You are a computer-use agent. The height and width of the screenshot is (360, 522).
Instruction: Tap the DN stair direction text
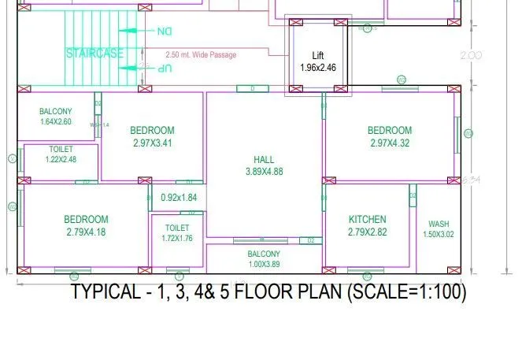pos(163,32)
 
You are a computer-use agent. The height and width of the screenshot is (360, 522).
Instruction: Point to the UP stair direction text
pos(163,69)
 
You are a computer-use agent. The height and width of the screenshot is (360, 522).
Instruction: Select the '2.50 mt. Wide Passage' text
pos(201,55)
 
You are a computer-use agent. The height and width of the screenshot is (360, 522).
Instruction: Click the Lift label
pos(318,56)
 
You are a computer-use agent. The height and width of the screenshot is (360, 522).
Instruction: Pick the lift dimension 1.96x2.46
pos(318,68)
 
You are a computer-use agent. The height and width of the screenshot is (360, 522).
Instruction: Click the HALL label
pos(264,159)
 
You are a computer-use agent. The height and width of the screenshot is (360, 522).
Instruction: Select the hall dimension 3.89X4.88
pos(264,171)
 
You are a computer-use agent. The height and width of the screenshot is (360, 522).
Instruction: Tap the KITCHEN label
pos(368,220)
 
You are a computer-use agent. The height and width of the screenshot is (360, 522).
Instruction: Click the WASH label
pos(439,224)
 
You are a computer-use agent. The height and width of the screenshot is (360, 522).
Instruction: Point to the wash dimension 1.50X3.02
pos(439,234)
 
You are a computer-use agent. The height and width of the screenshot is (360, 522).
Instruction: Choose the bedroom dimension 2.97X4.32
pos(390,143)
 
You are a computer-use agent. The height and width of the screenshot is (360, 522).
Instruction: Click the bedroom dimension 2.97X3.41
pos(152,143)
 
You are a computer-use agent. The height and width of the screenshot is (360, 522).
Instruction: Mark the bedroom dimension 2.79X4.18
pos(86,232)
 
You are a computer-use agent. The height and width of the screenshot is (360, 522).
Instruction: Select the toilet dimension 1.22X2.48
pos(61,160)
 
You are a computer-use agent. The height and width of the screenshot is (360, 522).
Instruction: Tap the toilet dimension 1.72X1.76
pos(177,239)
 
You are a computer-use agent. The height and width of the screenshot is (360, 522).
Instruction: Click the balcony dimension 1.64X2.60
pos(55,122)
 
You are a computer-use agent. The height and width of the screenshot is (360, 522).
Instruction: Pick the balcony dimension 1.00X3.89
pos(264,264)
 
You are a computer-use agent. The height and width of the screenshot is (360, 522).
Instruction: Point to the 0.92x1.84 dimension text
pos(179,197)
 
